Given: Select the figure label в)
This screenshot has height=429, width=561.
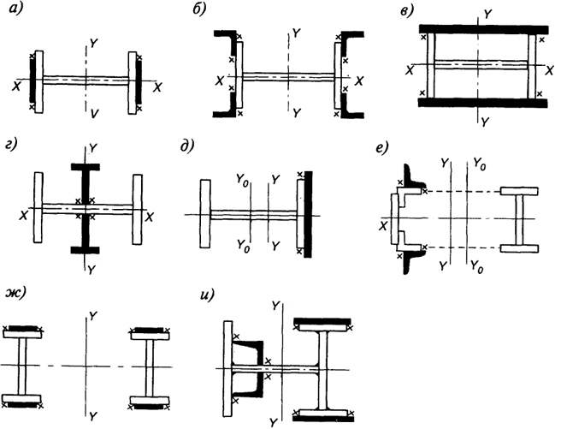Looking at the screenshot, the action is tap(407, 11).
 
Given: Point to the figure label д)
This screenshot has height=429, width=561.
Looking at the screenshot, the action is tap(187, 146).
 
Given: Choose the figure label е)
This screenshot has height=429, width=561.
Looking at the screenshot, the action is tap(383, 147).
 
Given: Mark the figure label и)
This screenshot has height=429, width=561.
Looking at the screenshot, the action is tap(208, 295).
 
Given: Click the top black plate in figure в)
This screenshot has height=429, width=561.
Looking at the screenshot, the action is tap(484, 29).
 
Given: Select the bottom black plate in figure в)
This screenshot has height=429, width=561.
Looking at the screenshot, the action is tap(483, 103).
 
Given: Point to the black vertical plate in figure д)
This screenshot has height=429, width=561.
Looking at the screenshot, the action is tap(308, 214).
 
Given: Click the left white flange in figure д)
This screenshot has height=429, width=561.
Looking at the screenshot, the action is tap(205, 213).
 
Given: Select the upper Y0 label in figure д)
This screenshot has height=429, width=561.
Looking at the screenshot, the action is tap(242, 177).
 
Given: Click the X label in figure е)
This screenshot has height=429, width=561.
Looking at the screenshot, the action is tap(383, 226).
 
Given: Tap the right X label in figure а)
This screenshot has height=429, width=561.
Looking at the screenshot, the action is tap(157, 87).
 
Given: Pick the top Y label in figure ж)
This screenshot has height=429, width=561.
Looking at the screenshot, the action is tap(92, 316).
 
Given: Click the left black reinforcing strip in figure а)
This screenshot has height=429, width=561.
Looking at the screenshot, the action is tap(32, 82).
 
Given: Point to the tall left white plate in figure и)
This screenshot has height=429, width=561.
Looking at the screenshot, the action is tap(227, 369).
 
